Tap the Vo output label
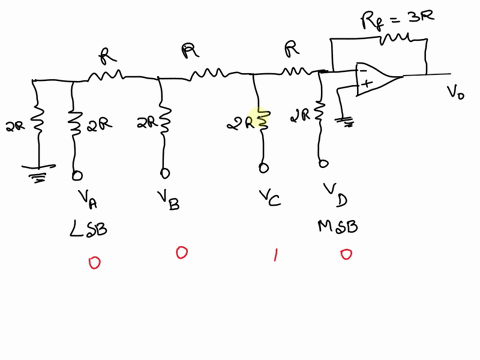454,92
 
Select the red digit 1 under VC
275,255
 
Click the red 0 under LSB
94,262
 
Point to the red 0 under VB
181,253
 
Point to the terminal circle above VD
322,163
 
